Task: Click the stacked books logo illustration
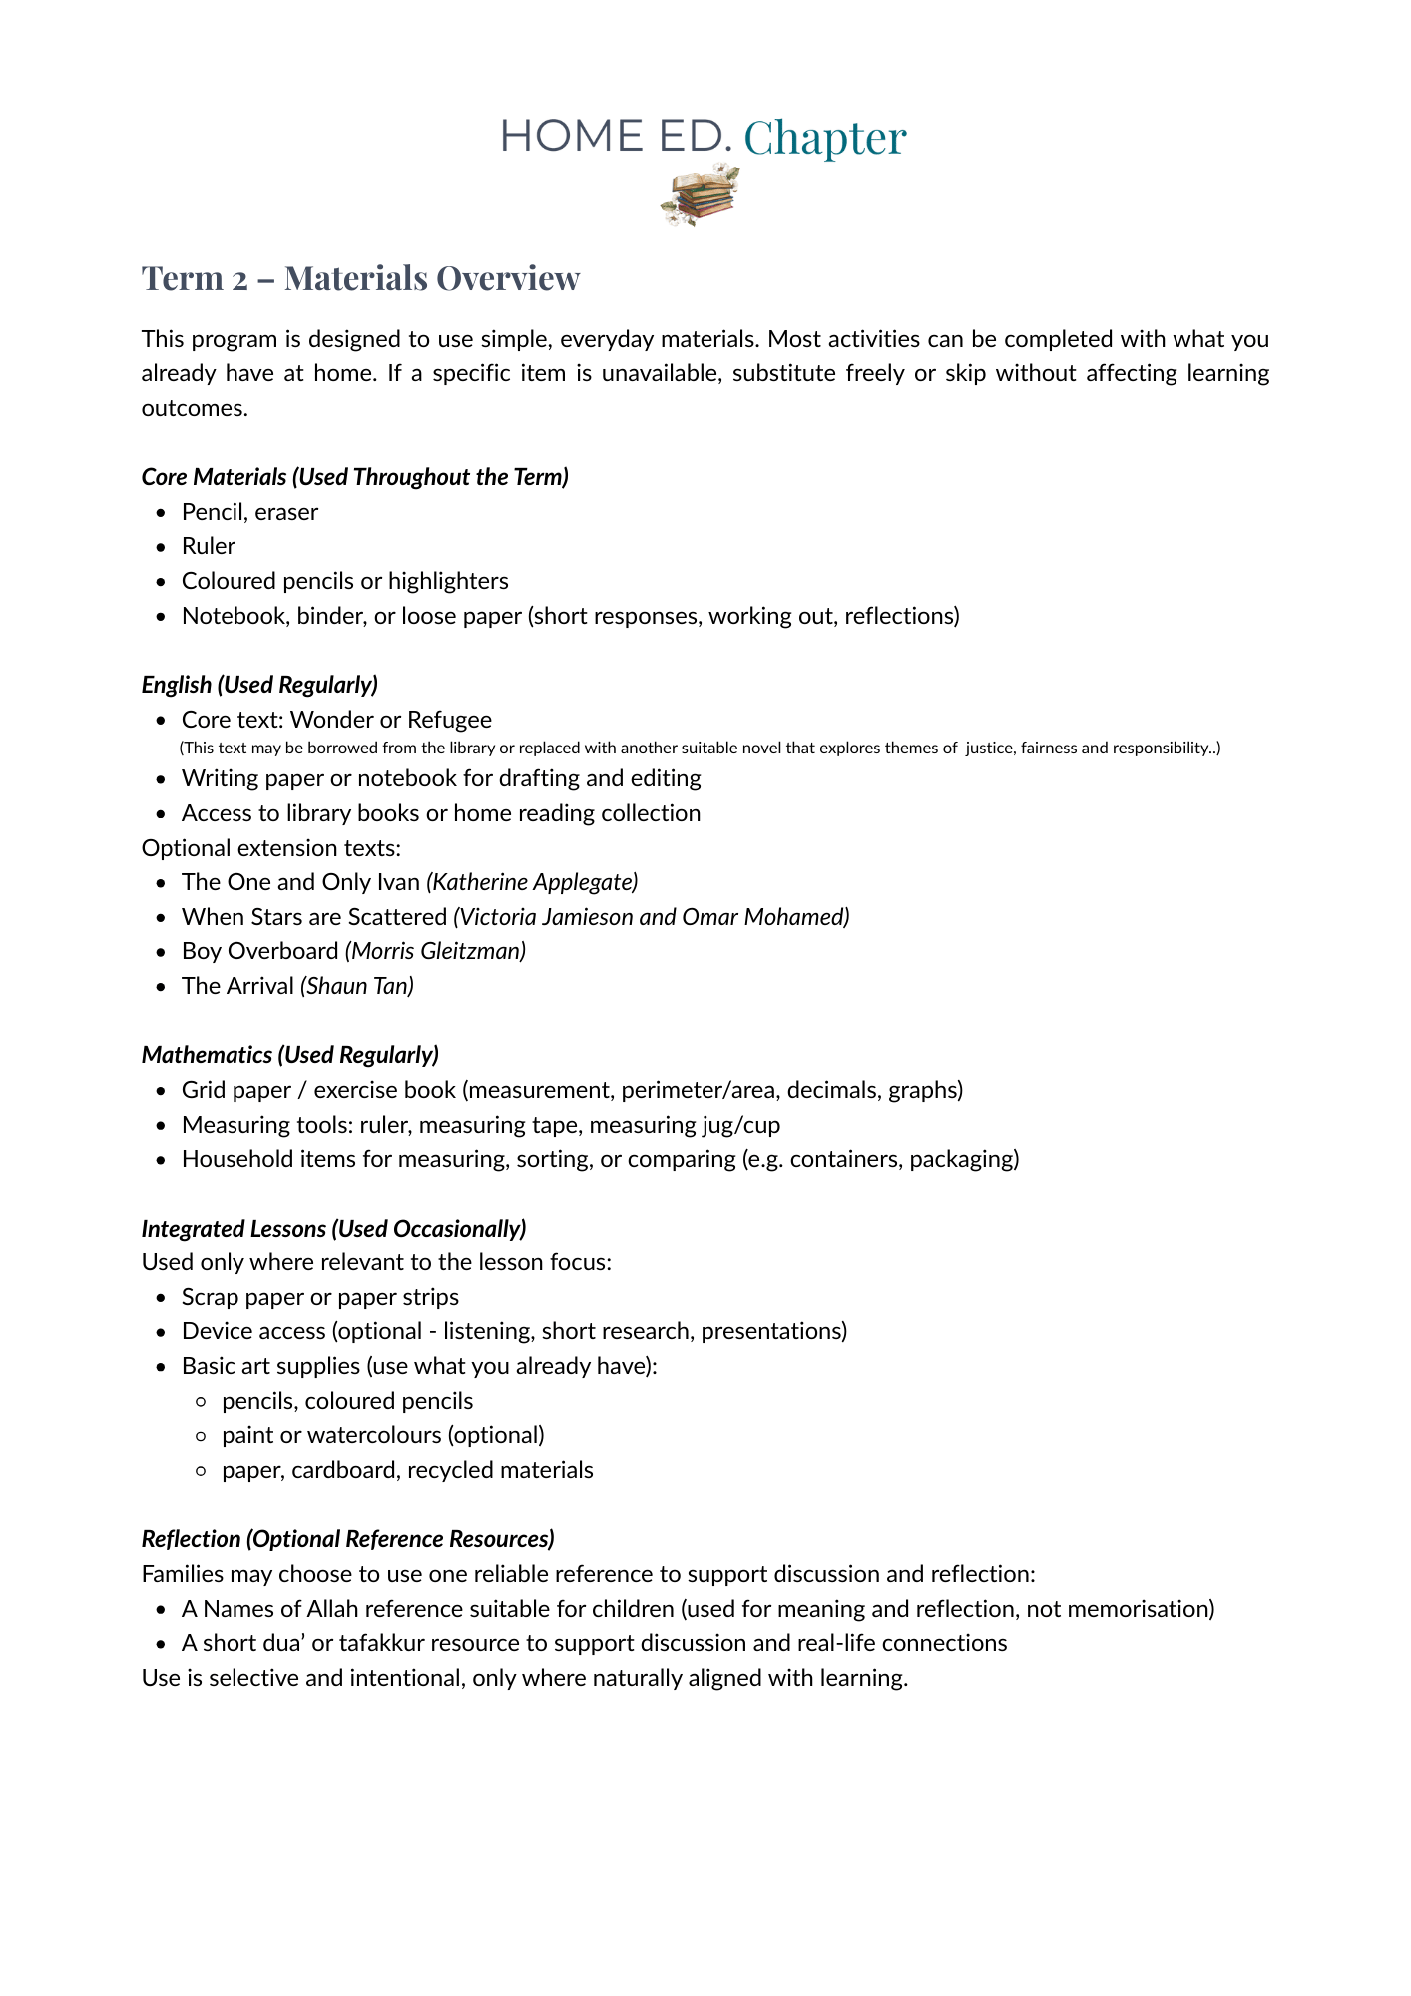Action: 701,195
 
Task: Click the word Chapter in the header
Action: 824,137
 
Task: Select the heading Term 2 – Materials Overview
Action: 360,278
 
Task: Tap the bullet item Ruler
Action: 209,546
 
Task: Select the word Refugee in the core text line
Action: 449,720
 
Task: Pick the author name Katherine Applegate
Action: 532,882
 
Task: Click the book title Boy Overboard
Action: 259,951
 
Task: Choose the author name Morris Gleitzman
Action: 435,951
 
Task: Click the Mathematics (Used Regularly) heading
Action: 289,1055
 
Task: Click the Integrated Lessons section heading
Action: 333,1228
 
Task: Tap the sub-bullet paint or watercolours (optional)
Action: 383,1435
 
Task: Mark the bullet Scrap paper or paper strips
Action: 319,1297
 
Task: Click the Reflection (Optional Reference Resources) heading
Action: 347,1539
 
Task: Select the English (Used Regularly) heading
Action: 259,685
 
